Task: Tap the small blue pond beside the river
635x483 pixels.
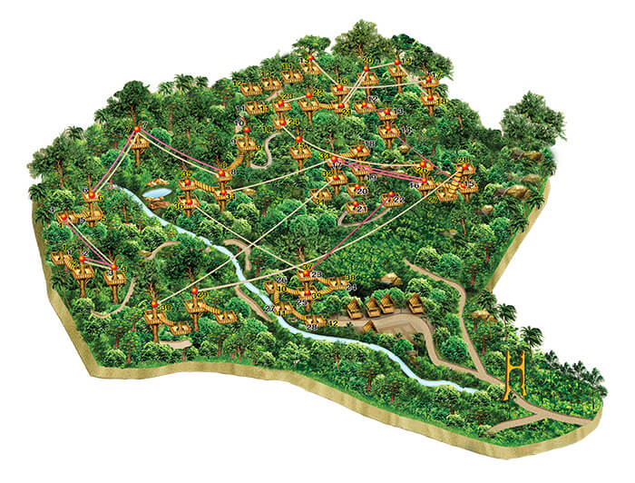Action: tap(156, 192)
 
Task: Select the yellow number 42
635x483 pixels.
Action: tap(332, 320)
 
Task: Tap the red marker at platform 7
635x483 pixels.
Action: tap(137, 131)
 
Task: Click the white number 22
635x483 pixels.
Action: tap(399, 198)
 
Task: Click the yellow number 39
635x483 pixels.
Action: tap(186, 174)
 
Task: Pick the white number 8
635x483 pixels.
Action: tap(233, 171)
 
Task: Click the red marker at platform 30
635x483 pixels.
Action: tap(154, 303)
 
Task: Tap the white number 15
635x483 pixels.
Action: tap(468, 184)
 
